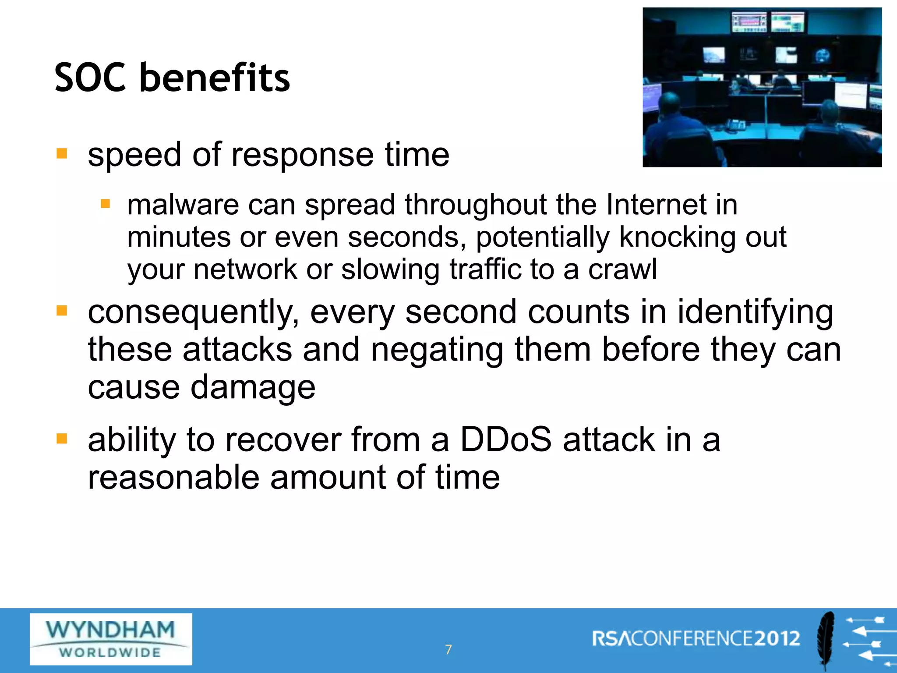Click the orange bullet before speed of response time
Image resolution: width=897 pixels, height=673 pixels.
pos(62,154)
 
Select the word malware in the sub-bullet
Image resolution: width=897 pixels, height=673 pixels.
pos(183,205)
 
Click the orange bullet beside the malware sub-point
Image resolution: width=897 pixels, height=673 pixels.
pos(105,204)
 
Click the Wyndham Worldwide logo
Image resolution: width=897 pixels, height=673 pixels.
pos(111,639)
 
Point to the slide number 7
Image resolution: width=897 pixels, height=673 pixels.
pos(448,649)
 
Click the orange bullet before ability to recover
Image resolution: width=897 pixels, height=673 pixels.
pos(62,439)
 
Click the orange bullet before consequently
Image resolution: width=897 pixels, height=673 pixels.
pos(62,311)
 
